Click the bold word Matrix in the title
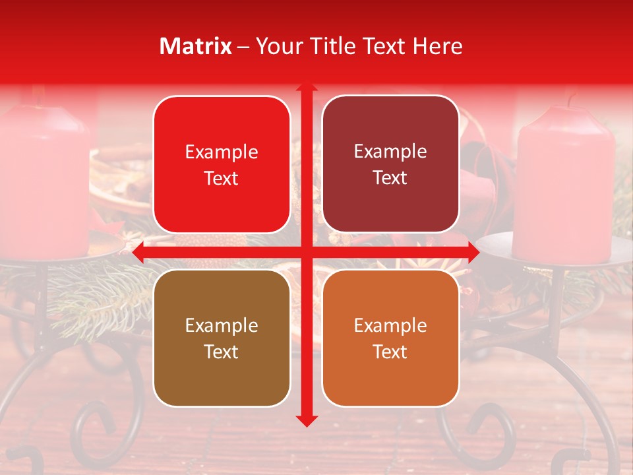pos(196,46)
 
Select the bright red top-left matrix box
pos(222,164)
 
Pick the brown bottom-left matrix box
pos(222,338)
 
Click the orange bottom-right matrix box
pos(390,338)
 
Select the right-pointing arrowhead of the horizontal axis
pos(473,253)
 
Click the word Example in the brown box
pos(222,325)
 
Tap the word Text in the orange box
pos(390,352)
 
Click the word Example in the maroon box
pos(390,151)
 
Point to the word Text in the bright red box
pos(222,178)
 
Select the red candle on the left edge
pos(43,178)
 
